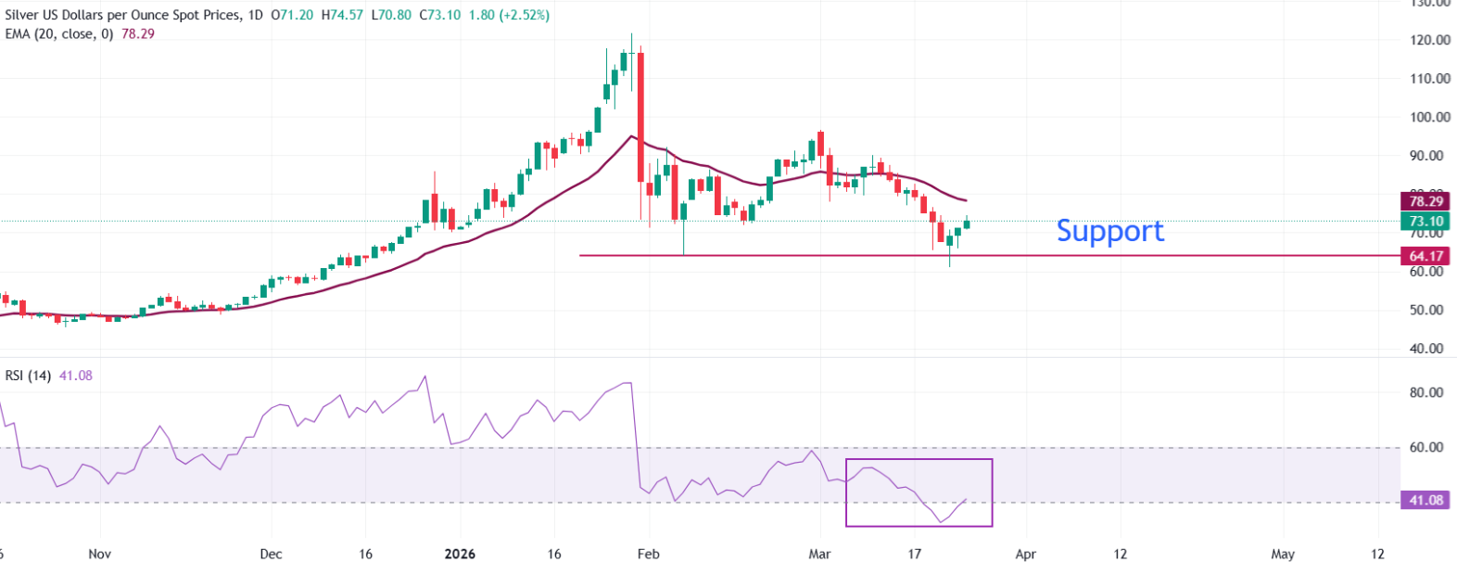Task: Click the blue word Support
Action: (1109, 230)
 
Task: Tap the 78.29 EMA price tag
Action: (1425, 201)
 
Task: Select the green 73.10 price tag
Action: (1425, 222)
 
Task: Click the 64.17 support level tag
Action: (1425, 256)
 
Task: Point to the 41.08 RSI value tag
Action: (1425, 500)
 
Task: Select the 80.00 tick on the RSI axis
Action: (1426, 392)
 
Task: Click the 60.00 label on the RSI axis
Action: (1426, 447)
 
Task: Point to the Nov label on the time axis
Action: (99, 554)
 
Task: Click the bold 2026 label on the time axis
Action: (460, 554)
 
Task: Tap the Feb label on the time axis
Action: (648, 554)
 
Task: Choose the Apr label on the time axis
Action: (1025, 554)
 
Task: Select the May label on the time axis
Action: (1283, 554)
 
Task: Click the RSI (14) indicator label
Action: (28, 376)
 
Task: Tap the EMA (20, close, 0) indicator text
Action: (59, 33)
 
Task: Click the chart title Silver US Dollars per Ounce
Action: (120, 15)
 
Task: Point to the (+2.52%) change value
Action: (524, 15)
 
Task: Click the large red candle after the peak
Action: (640, 117)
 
